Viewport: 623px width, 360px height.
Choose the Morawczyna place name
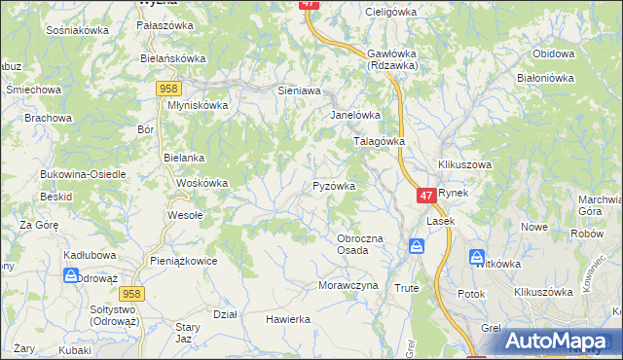[x=347, y=285]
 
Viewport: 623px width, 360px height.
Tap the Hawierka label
[x=288, y=318]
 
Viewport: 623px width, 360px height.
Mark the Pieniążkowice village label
[x=184, y=261]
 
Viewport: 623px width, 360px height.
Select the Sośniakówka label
[x=77, y=30]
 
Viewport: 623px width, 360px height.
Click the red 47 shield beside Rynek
[x=426, y=196]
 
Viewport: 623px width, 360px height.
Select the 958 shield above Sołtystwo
[x=132, y=292]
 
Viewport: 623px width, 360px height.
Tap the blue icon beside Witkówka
[x=477, y=258]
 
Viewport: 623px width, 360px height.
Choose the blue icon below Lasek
[x=417, y=247]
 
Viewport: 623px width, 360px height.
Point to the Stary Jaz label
[x=187, y=333]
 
